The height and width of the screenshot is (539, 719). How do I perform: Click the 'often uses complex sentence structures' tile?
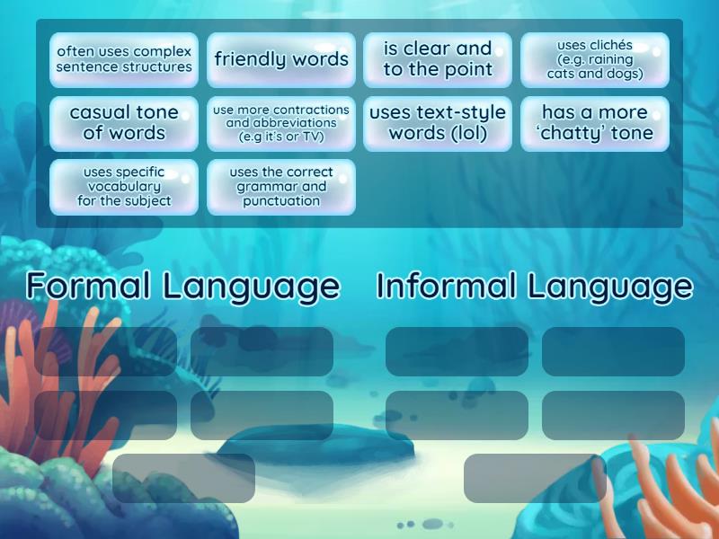click(124, 60)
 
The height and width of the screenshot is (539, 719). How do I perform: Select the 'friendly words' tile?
click(281, 60)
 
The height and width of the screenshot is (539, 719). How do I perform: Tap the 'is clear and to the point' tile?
click(438, 60)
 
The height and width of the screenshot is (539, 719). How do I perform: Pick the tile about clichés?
click(595, 60)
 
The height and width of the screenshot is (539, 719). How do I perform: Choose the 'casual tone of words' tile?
click(124, 123)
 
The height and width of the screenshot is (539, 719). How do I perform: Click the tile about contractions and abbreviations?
click(281, 123)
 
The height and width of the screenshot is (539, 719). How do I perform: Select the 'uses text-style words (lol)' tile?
click(438, 123)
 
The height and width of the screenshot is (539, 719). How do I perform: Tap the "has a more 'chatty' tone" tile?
click(595, 123)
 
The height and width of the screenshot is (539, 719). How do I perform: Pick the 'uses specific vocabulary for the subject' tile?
click(124, 187)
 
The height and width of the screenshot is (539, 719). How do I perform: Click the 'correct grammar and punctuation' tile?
click(281, 187)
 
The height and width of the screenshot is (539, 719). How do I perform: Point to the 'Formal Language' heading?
click(183, 286)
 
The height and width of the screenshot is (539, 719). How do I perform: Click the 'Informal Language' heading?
click(535, 286)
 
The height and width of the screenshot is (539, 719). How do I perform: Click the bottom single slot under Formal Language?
click(183, 478)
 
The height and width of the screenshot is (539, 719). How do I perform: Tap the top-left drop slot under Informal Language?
click(457, 351)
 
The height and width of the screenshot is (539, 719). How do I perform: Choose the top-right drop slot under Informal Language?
click(613, 351)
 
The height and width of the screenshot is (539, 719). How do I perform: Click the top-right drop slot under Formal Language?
click(262, 351)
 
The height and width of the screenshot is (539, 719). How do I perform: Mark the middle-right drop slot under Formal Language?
click(262, 415)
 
